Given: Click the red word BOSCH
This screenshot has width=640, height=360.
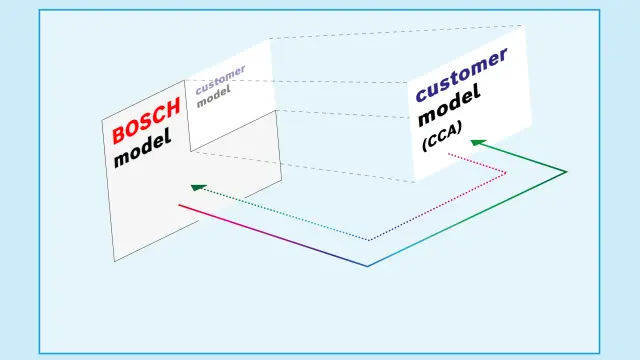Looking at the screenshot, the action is pyautogui.click(x=146, y=119).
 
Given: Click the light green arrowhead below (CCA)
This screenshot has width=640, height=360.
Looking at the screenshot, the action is pyautogui.click(x=477, y=143).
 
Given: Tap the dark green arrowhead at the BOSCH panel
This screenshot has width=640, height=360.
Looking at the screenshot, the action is pyautogui.click(x=198, y=186).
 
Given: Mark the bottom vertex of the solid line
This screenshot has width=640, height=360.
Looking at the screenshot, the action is pyautogui.click(x=368, y=266).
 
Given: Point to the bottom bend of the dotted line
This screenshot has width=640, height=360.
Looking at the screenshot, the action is pyautogui.click(x=368, y=240).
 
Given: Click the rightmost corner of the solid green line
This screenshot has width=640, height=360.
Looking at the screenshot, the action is pyautogui.click(x=567, y=172).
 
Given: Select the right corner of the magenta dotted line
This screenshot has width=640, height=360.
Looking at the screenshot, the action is pyautogui.click(x=506, y=173).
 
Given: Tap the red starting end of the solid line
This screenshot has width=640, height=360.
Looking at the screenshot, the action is pyautogui.click(x=180, y=205).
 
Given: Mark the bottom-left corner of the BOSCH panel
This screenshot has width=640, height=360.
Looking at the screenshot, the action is pyautogui.click(x=115, y=261).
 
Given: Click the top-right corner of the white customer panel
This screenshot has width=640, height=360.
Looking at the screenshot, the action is pyautogui.click(x=522, y=26).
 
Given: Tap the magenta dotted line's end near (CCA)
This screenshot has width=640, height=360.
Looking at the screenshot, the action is pyautogui.click(x=449, y=154).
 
